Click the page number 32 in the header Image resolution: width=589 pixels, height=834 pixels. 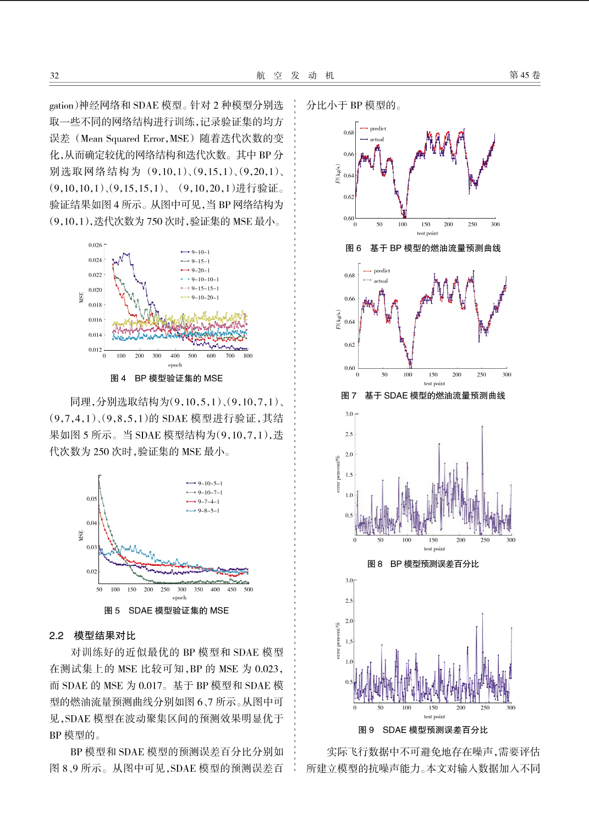(x=54, y=75)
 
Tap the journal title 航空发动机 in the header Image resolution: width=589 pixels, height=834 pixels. (x=295, y=75)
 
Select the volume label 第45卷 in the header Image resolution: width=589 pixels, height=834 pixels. (x=524, y=75)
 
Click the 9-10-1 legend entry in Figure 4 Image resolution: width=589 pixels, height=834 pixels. (x=195, y=252)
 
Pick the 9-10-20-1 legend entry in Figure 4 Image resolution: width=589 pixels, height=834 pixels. (x=200, y=297)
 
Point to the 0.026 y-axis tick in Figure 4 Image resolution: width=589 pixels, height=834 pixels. (x=95, y=245)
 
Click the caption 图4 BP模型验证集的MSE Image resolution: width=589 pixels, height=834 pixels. (x=167, y=378)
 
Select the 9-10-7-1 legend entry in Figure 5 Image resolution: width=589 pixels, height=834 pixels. (x=205, y=493)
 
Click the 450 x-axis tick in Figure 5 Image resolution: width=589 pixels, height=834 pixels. (x=232, y=590)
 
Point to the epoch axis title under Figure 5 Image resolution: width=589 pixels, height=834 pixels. (x=179, y=598)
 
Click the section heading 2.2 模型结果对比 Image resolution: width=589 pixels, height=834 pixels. (x=92, y=635)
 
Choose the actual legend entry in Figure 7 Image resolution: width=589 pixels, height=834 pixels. (x=376, y=281)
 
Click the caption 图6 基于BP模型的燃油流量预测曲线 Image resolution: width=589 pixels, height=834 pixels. (x=423, y=248)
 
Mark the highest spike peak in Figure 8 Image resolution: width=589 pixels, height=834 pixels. (x=482, y=426)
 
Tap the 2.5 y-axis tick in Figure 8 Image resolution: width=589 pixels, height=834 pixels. (x=349, y=434)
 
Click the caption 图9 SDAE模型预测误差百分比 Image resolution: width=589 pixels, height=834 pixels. (x=423, y=730)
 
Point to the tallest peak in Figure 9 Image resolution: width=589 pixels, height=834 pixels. (x=483, y=614)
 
